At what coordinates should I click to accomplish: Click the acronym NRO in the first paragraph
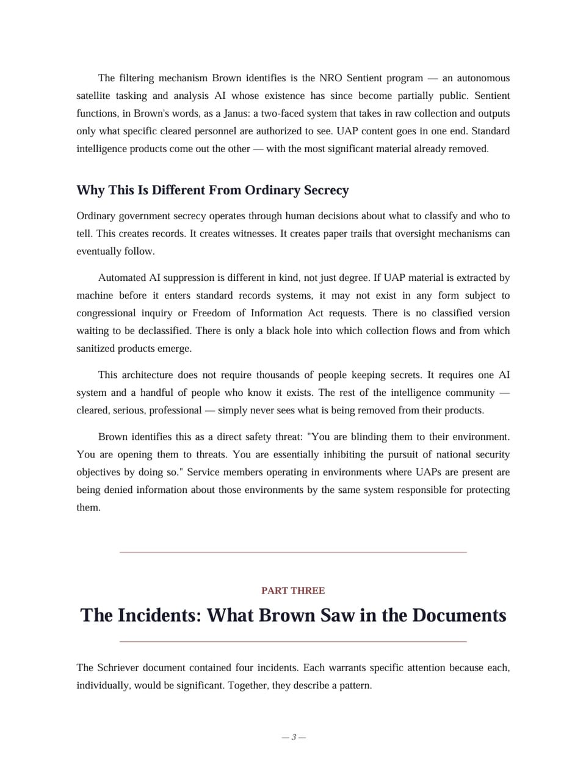point(330,78)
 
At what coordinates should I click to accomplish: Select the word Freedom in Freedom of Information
point(211,313)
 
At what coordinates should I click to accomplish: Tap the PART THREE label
point(293,591)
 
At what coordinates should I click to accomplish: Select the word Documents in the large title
point(459,615)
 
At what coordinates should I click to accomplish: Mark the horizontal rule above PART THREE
point(293,552)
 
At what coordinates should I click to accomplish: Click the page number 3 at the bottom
point(294,737)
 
